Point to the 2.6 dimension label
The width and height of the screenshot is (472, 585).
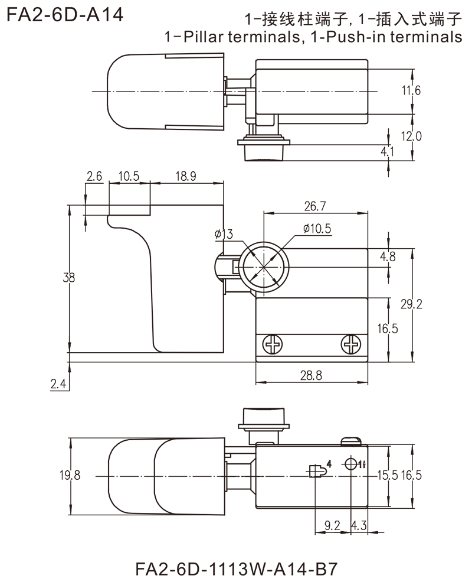pyautogui.click(x=94, y=176)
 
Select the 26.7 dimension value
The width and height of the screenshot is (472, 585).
pyautogui.click(x=313, y=206)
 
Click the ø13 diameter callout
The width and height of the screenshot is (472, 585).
pyautogui.click(x=225, y=235)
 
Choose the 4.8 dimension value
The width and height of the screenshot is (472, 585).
pyautogui.click(x=389, y=258)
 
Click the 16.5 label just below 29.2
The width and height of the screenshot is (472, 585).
pyautogui.click(x=388, y=329)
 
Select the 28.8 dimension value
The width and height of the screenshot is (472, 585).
pyautogui.click(x=313, y=374)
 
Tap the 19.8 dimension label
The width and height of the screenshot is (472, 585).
pyautogui.click(x=70, y=476)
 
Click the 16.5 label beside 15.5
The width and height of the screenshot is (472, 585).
pyautogui.click(x=412, y=476)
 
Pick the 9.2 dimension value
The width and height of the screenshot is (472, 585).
pyautogui.click(x=331, y=524)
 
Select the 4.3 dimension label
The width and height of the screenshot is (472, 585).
pyautogui.click(x=359, y=524)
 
